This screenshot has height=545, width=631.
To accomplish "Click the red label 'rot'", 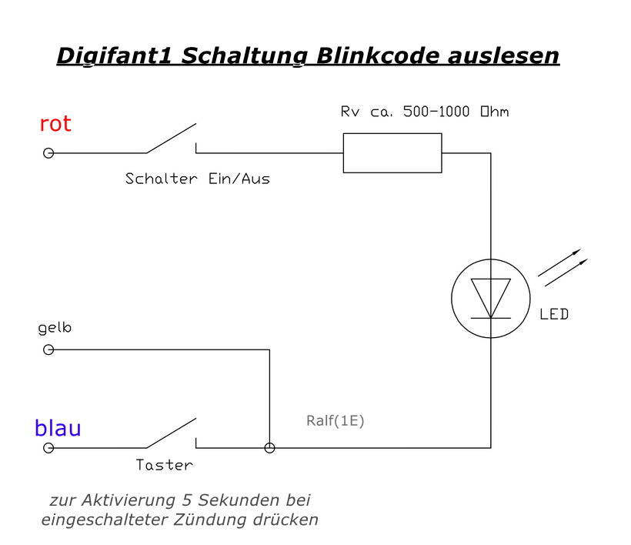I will tap(55, 124).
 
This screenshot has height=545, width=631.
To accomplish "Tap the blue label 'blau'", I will tap(58, 429).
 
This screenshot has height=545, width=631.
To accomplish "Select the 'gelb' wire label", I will tap(55, 329).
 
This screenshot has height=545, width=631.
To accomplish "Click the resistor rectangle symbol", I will tap(392, 152).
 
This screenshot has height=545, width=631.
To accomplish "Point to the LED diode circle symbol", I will tap(491, 298).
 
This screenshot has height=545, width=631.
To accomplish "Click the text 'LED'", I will tap(554, 315).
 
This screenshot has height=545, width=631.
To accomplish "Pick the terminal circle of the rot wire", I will tap(48, 153).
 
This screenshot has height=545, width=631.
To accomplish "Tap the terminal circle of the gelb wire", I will tap(48, 350).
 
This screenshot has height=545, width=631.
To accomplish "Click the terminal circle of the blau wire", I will tap(48, 447).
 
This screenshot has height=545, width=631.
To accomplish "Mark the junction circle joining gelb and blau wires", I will tap(269, 447).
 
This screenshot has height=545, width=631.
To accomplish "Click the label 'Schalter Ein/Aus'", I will tap(198, 179).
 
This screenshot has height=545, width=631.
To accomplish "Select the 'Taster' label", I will tap(164, 466).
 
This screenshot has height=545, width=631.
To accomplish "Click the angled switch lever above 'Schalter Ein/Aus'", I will tap(171, 139).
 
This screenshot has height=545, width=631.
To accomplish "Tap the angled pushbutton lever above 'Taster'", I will tap(171, 433).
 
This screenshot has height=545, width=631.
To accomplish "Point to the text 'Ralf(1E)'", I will tap(335, 422).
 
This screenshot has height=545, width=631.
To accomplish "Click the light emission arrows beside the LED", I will tap(563, 264).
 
